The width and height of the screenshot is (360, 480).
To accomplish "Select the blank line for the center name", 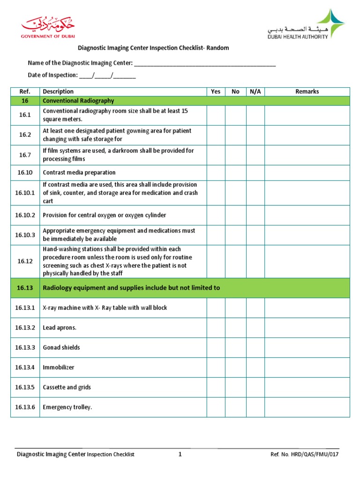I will point(205,64).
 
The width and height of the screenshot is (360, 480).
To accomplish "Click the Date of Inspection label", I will point(52,75).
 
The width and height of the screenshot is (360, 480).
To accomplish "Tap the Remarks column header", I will point(307,91).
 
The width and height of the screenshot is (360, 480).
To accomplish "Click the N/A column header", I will point(255,91).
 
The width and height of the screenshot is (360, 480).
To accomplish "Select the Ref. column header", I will point(25,91).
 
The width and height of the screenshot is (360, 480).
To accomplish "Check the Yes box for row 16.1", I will point(216,115).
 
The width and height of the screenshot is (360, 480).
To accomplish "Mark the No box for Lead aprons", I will point(236,328).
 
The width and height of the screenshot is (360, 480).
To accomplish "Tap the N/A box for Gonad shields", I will point(255,347).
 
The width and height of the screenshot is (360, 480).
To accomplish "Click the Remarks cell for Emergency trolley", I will point(307,407).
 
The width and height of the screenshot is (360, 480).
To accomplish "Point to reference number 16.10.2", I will point(25,215).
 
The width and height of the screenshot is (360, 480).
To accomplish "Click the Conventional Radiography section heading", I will point(78,101).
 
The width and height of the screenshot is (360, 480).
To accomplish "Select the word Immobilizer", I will point(59,367).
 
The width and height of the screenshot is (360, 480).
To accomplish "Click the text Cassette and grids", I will point(67,387).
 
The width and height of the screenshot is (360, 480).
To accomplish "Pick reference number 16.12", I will point(25,261).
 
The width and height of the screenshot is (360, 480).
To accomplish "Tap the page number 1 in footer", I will point(180,454).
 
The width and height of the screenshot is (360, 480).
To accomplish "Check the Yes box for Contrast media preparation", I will point(216,172).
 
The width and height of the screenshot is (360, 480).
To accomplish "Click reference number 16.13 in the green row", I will point(25,288).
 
